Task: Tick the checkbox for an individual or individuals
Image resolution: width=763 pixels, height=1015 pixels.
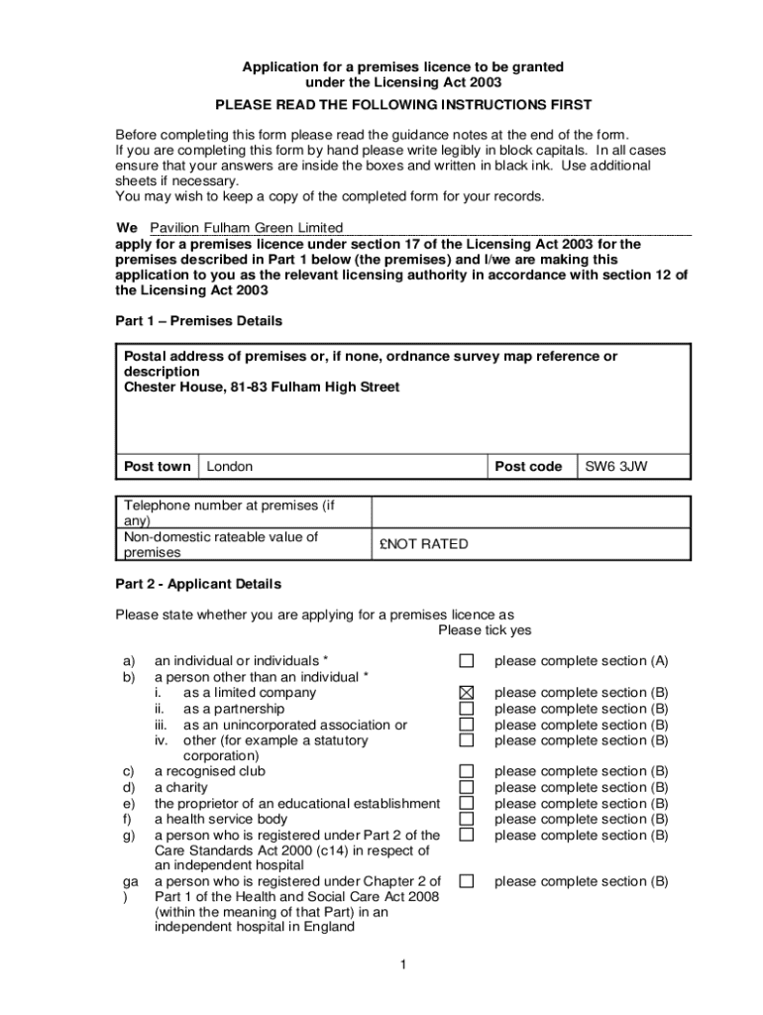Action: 467,661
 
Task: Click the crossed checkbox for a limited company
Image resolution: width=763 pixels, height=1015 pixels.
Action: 467,693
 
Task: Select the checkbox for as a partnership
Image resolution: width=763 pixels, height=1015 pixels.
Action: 467,709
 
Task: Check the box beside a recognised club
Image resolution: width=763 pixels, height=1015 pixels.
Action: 467,771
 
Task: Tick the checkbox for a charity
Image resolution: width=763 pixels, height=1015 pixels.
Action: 467,787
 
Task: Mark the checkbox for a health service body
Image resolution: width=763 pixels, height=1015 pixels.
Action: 467,819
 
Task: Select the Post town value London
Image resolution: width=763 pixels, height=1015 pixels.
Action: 230,466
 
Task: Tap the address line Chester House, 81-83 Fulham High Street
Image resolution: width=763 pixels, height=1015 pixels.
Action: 262,388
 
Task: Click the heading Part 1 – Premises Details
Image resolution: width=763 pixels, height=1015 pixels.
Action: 199,321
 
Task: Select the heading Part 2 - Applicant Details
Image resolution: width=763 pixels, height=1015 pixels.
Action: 198,584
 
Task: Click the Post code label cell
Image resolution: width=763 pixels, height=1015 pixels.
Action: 528,466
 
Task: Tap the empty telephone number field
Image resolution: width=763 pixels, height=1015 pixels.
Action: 529,512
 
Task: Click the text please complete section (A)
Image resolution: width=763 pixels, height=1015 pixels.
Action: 582,661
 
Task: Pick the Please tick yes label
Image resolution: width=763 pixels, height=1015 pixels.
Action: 485,630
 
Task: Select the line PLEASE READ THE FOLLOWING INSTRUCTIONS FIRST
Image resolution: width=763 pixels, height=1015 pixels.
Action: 404,104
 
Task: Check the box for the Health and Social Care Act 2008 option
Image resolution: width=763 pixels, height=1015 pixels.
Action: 467,880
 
